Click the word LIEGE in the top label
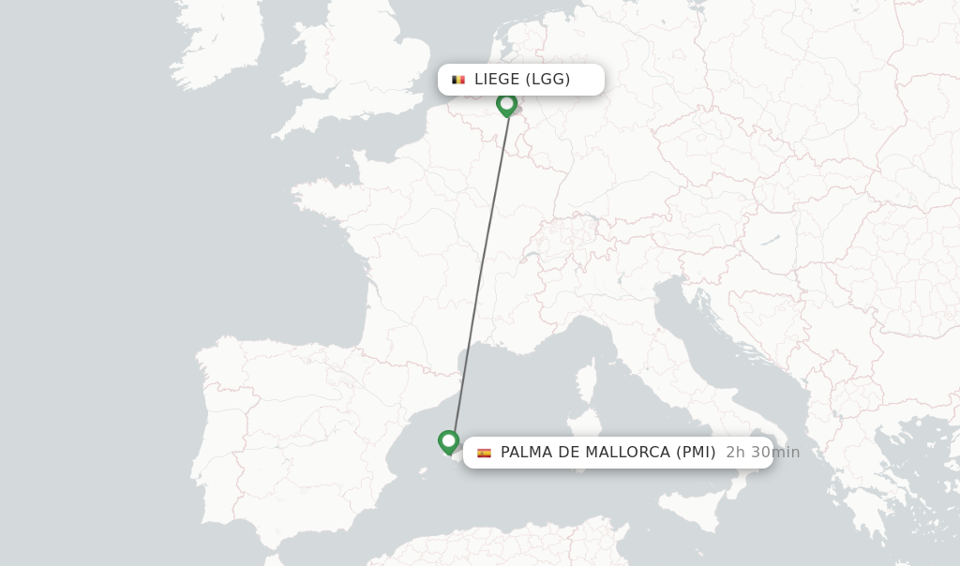tap(496, 80)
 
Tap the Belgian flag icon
tap(458, 80)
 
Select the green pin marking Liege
tap(506, 103)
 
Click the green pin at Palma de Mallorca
tap(448, 440)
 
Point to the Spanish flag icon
tap(484, 453)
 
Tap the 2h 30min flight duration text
tap(762, 453)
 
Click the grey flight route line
tap(480, 272)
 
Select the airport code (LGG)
tap(547, 80)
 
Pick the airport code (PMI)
tap(696, 453)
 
